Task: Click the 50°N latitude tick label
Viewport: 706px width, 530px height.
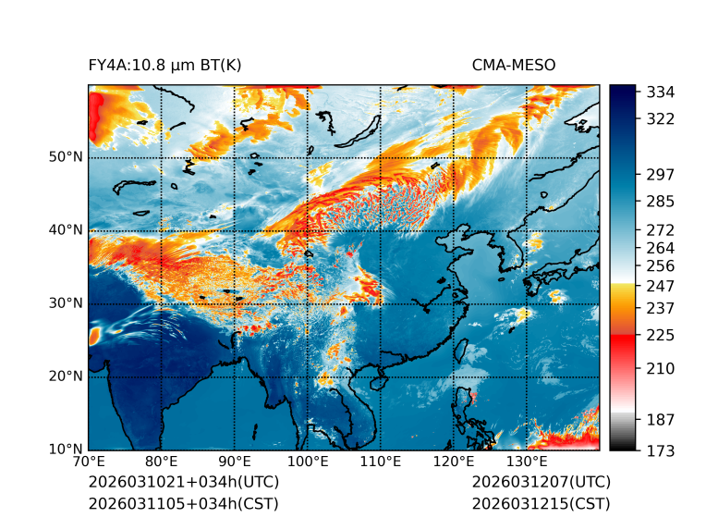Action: [67, 157]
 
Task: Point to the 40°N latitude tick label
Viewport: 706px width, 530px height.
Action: [67, 230]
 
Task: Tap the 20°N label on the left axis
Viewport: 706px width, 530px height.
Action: [67, 376]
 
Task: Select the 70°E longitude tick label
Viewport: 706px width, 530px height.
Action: [89, 461]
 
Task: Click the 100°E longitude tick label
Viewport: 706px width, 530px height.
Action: [308, 461]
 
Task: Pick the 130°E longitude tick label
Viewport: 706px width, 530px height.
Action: [527, 461]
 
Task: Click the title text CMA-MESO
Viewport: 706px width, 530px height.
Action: [514, 65]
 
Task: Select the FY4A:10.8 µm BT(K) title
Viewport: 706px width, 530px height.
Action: [165, 65]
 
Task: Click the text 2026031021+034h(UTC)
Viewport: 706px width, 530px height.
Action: [183, 482]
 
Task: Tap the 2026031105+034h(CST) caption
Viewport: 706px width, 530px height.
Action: [183, 503]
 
